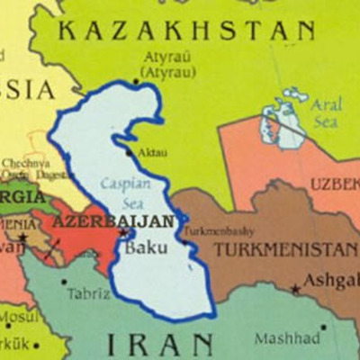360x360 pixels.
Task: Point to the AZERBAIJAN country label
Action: (114, 220)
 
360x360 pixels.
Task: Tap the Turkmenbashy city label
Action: (217, 230)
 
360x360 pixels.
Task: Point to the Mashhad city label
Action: (285, 339)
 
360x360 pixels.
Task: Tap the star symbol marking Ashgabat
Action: (295, 290)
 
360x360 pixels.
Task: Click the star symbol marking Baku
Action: (123, 233)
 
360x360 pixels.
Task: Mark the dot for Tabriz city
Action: (64, 282)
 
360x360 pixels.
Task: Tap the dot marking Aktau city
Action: (129, 152)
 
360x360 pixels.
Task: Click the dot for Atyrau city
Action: (137, 82)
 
